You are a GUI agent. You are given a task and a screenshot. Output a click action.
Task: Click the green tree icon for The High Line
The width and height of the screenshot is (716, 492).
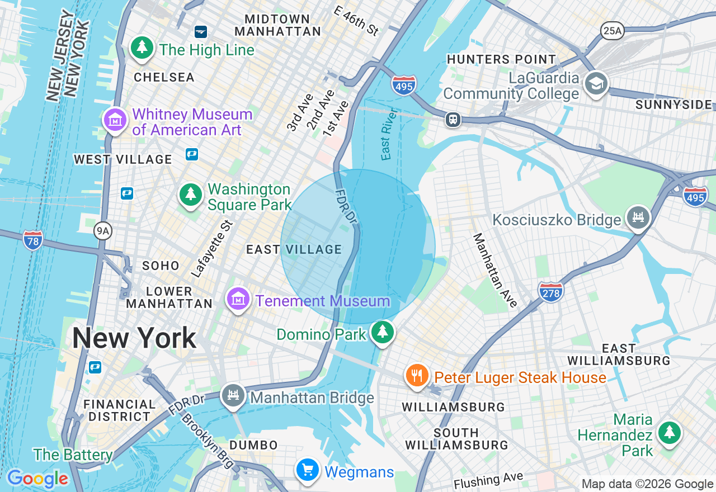pyautogui.click(x=142, y=48)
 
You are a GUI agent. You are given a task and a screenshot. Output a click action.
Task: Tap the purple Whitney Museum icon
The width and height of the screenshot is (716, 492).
pyautogui.click(x=115, y=120)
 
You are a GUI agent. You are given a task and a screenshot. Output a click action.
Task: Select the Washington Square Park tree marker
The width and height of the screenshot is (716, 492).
pyautogui.click(x=191, y=195)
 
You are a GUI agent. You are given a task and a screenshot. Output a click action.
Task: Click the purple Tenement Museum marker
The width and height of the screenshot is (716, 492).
pyautogui.click(x=238, y=300)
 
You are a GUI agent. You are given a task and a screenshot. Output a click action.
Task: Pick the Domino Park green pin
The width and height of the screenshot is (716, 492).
pyautogui.click(x=383, y=332)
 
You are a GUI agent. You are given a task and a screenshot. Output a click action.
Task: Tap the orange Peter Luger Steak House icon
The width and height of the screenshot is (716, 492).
pyautogui.click(x=417, y=376)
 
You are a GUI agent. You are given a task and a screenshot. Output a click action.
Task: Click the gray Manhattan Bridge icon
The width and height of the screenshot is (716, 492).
pyautogui.click(x=233, y=396)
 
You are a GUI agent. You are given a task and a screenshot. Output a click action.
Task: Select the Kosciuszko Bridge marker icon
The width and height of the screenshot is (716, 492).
pyautogui.click(x=638, y=217)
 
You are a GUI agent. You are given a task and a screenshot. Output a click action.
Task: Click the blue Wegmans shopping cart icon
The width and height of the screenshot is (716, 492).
pyautogui.click(x=307, y=470)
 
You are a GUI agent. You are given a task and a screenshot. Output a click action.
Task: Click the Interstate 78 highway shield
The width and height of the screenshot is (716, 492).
pyautogui.click(x=33, y=240)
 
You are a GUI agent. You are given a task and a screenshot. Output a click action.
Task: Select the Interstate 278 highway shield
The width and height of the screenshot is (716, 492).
pyautogui.click(x=551, y=291)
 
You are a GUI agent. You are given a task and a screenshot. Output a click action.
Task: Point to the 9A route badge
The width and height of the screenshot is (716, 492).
pyautogui.click(x=103, y=230)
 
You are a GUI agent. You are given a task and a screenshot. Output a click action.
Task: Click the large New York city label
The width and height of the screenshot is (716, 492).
pyautogui.click(x=134, y=338)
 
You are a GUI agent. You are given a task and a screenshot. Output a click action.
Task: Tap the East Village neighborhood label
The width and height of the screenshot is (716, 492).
pyautogui.click(x=294, y=249)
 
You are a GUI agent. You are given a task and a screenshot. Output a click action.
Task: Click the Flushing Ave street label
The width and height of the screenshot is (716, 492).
pyautogui.click(x=488, y=480)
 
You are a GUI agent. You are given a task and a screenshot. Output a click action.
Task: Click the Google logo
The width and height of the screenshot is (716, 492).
pyautogui.click(x=37, y=479)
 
